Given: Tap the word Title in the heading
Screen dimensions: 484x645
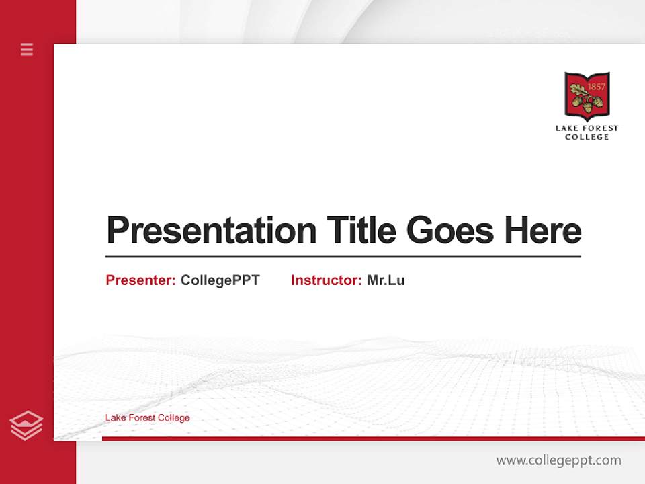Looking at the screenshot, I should [361, 231].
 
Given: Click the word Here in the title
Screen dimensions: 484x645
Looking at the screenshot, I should [543, 231].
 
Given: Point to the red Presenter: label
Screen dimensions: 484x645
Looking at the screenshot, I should [140, 280].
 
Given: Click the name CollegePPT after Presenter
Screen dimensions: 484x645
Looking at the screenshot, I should [220, 280].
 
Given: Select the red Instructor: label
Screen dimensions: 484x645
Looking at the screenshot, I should [326, 280].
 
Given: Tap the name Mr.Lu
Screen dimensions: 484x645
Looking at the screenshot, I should [386, 280].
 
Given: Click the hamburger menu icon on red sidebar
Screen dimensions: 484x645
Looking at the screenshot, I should [27, 49].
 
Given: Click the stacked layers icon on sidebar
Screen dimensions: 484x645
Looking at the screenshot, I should [26, 426].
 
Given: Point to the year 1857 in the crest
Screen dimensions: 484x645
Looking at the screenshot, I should [596, 87].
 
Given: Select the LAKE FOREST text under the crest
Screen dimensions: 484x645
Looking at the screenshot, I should [587, 128].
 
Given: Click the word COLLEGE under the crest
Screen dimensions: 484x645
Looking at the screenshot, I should [587, 137].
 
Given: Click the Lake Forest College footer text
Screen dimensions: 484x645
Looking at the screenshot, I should [148, 418].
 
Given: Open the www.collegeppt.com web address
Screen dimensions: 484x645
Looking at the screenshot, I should [558, 460].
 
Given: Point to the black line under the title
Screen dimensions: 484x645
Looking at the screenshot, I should [343, 256].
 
